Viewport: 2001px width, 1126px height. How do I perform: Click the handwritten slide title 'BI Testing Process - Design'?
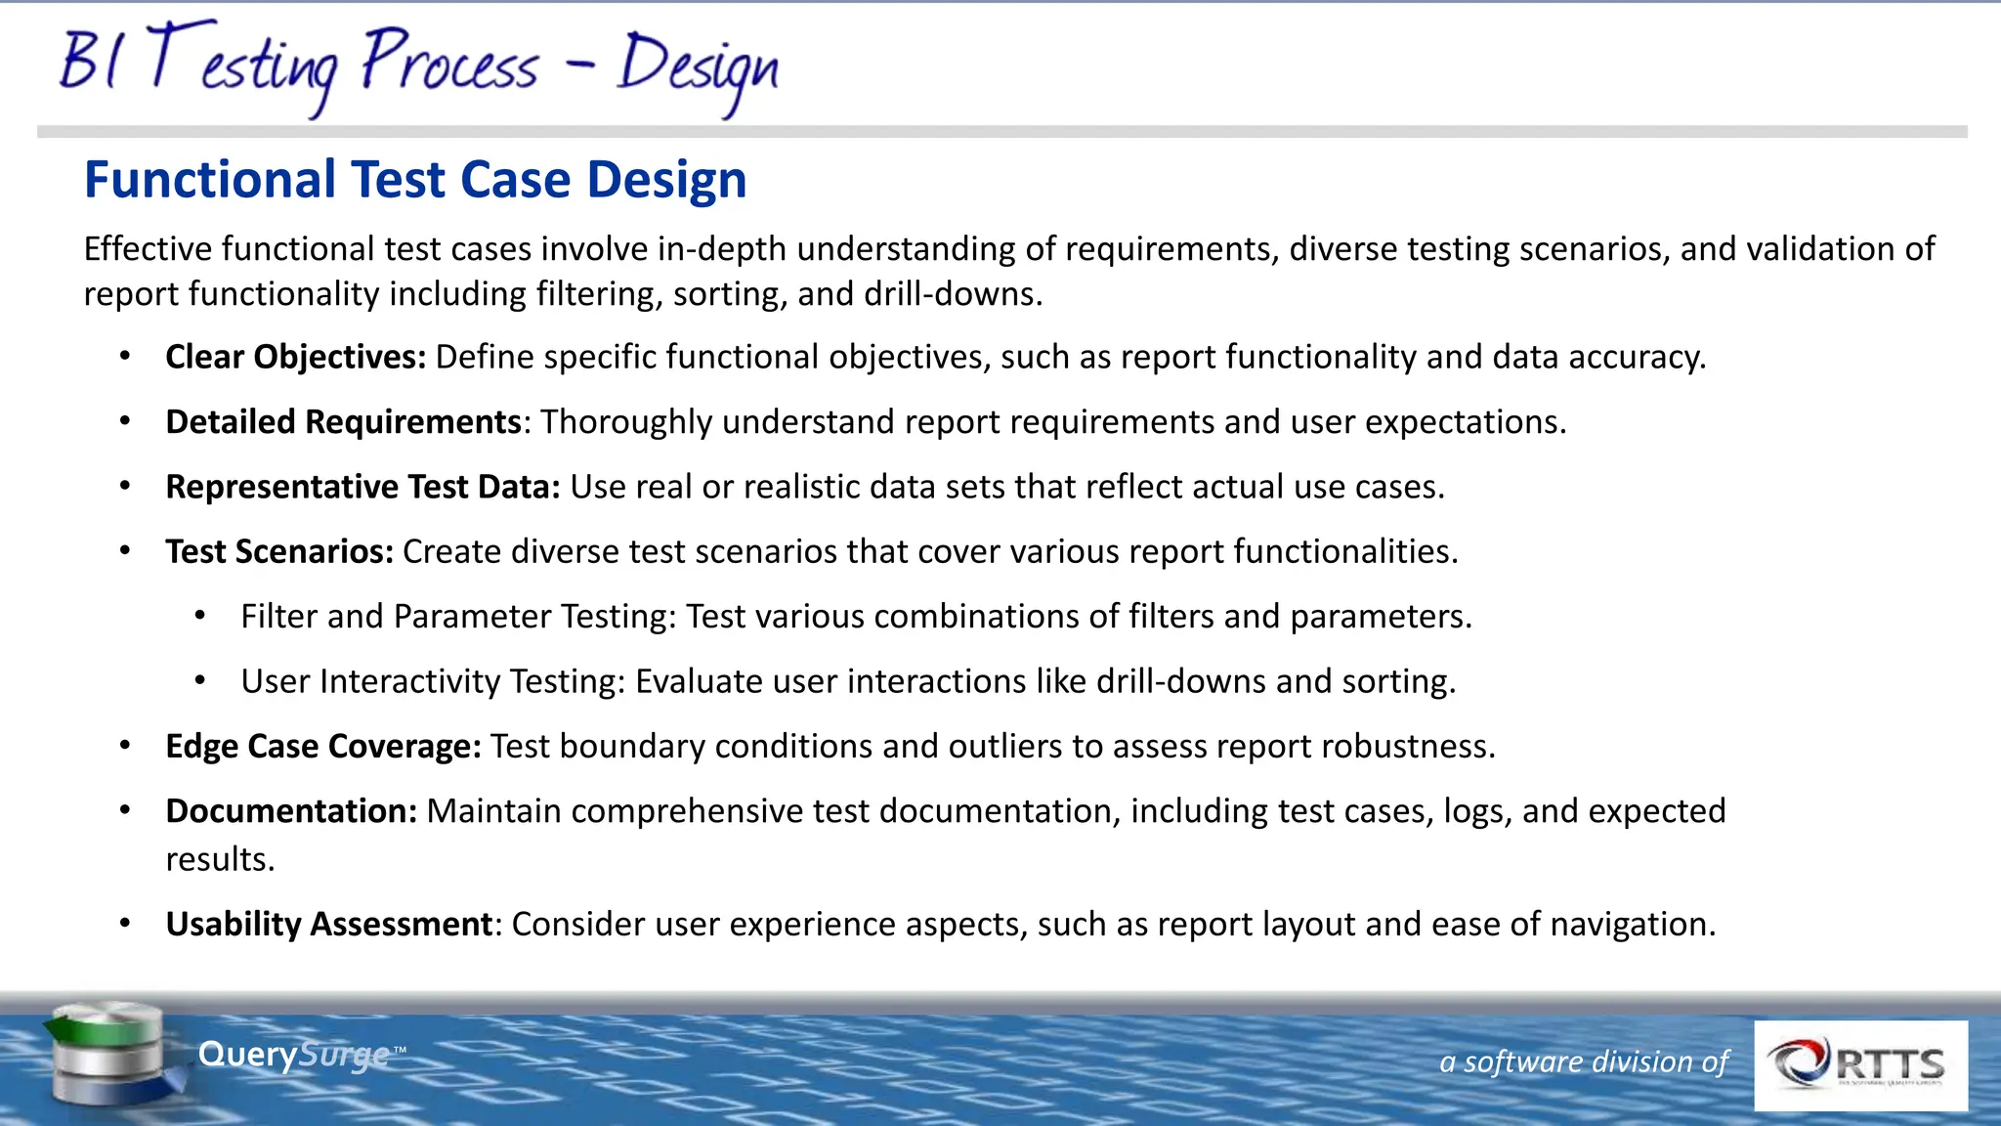(x=418, y=66)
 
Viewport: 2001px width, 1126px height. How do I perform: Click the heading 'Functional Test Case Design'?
(x=415, y=180)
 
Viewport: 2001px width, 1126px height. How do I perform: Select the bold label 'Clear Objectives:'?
(x=295, y=358)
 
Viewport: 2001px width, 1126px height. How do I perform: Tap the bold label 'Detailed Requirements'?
(x=343, y=422)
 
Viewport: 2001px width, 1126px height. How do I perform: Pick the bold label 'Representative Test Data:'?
(x=362, y=487)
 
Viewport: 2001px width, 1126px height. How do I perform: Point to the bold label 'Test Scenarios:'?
(x=279, y=552)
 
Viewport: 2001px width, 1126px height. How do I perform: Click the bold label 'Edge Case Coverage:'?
(x=323, y=747)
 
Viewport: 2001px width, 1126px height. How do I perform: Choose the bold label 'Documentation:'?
(x=291, y=811)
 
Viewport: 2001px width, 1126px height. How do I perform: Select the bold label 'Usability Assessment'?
(x=329, y=925)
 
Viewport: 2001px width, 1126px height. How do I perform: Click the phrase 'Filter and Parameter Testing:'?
(x=458, y=617)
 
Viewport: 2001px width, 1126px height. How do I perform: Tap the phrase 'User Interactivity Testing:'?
(x=433, y=681)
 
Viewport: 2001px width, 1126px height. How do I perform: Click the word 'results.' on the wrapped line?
(x=220, y=860)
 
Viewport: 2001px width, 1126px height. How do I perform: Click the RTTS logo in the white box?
(x=1860, y=1065)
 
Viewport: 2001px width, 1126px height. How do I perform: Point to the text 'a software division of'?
(x=1584, y=1062)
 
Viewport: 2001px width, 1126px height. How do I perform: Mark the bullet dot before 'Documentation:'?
(x=125, y=810)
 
